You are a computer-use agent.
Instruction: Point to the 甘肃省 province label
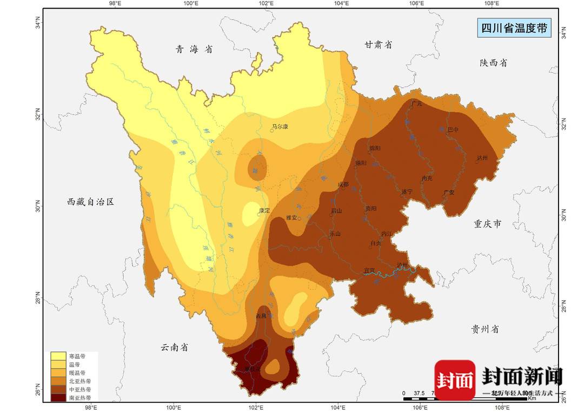click(x=378, y=45)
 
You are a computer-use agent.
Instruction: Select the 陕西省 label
click(x=493, y=63)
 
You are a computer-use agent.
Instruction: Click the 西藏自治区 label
click(x=91, y=202)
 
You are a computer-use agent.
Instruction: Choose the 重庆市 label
click(x=487, y=223)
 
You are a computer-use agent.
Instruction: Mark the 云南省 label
click(x=174, y=347)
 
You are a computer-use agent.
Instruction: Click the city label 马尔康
click(x=280, y=126)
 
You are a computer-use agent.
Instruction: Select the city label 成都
click(x=343, y=184)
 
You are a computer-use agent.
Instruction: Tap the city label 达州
click(x=482, y=158)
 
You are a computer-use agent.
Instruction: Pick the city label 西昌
click(x=262, y=316)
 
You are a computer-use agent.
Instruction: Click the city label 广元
click(x=416, y=103)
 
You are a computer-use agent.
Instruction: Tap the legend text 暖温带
click(x=76, y=373)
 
